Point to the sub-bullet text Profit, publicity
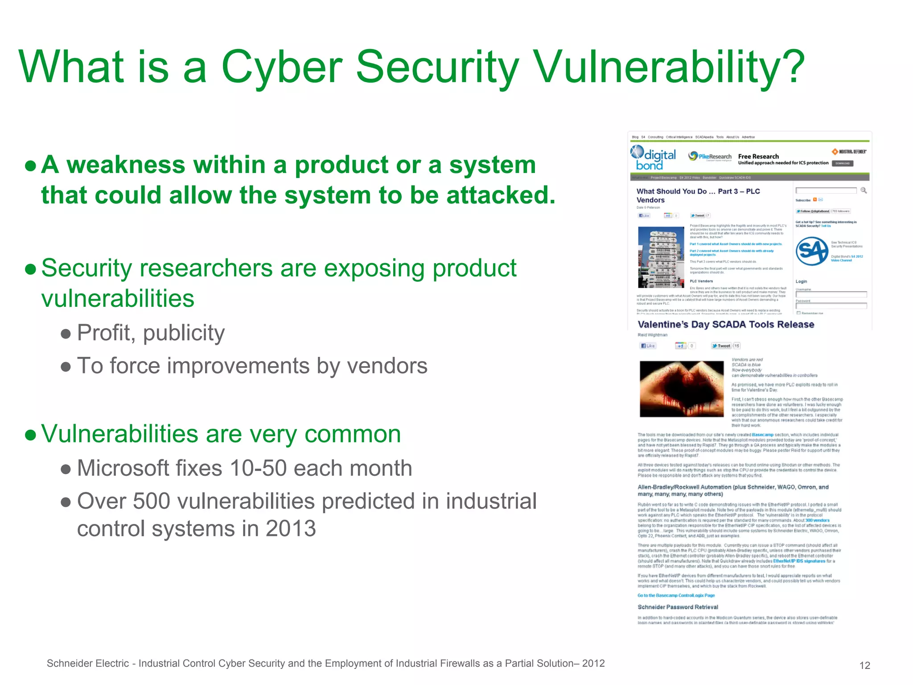(151, 333)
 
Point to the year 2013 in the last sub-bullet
(291, 529)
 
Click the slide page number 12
(864, 665)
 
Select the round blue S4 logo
(811, 252)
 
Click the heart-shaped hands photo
(682, 389)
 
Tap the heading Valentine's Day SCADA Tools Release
(726, 325)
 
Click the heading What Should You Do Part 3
(698, 195)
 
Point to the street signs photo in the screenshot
(661, 257)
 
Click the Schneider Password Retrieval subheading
(678, 607)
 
